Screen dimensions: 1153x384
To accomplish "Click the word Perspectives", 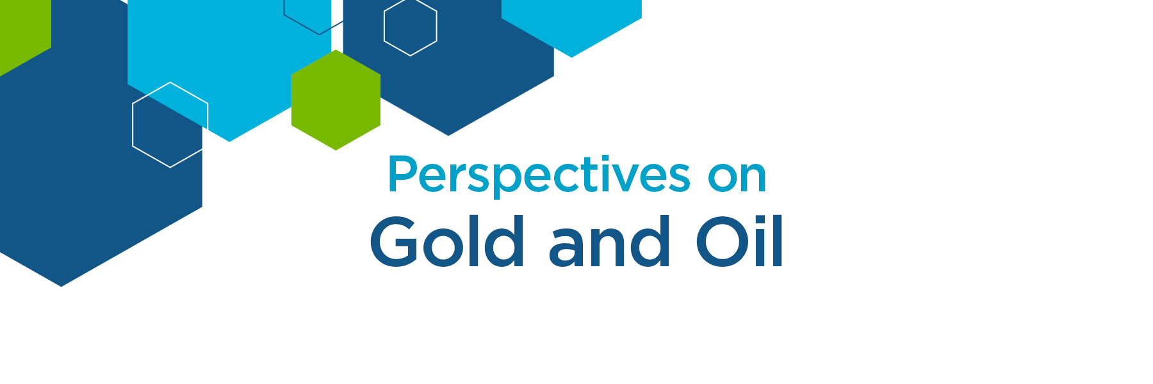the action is (539, 175).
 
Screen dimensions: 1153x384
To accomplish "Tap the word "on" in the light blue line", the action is (737, 176).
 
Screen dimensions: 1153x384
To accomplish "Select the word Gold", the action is (447, 242).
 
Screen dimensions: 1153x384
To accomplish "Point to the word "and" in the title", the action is (609, 242).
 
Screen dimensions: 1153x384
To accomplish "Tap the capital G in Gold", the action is (393, 242).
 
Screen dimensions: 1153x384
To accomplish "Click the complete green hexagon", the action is (336, 100).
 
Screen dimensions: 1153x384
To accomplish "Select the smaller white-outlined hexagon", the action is (411, 27).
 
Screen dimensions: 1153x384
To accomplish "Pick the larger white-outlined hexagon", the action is (170, 125).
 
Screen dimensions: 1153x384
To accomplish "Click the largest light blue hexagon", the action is (229, 64).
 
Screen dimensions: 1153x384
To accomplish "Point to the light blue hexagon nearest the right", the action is (571, 26).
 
